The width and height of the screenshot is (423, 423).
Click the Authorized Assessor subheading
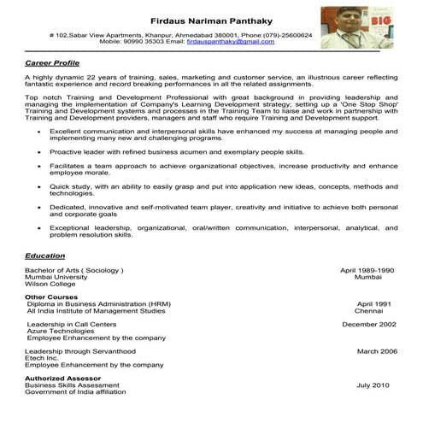click(63, 378)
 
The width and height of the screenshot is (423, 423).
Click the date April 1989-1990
click(367, 270)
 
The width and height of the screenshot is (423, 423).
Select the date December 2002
click(368, 325)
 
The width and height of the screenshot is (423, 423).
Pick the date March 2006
click(377, 351)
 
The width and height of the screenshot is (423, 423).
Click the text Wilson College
click(50, 285)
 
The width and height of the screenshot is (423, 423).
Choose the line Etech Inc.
click(44, 358)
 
